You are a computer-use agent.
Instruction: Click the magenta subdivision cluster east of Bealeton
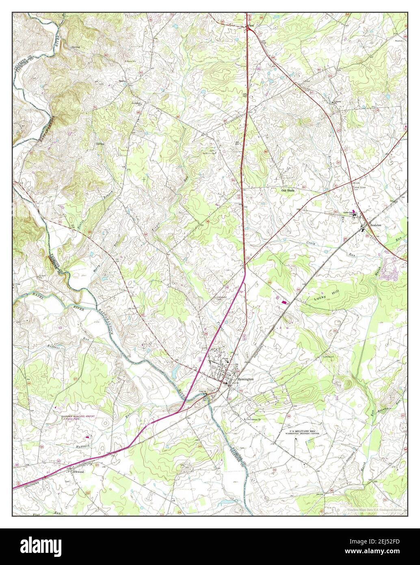394,271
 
